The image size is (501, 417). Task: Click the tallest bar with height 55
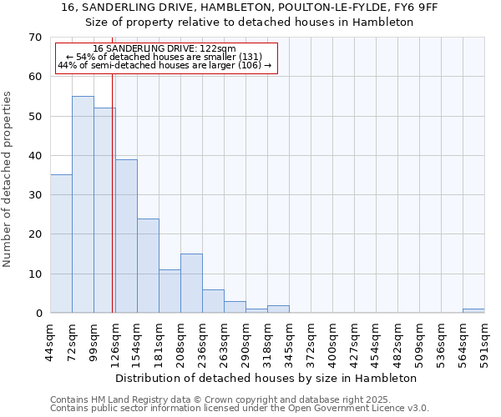[x=83, y=204]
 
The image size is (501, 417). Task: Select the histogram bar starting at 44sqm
[x=61, y=244]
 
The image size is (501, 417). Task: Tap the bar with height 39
[x=126, y=236]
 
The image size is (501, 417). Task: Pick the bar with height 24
[x=148, y=265]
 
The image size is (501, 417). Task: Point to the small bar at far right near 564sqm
[x=473, y=311]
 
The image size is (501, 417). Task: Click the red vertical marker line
[x=112, y=208]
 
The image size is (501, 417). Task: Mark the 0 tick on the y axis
[x=38, y=314]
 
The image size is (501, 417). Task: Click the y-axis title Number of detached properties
[x=8, y=179]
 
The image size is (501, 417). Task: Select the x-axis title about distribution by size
[x=266, y=378]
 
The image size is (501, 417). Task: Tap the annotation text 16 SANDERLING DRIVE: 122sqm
[x=164, y=48]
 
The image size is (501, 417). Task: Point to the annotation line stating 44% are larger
[x=164, y=65]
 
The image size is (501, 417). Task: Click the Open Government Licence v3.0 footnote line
[x=240, y=409]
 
